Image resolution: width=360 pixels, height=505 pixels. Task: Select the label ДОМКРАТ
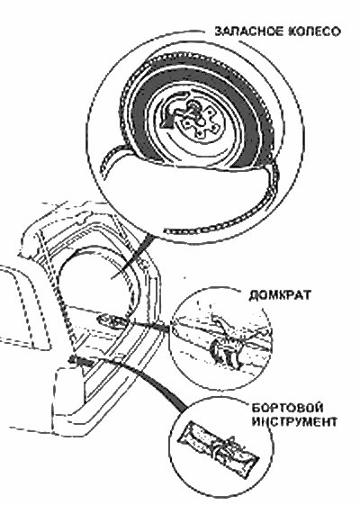click(x=280, y=295)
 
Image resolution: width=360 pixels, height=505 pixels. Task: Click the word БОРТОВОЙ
click(x=286, y=408)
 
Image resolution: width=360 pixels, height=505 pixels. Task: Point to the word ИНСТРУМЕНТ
click(x=294, y=421)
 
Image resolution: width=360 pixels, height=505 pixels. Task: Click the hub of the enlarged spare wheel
click(x=195, y=119)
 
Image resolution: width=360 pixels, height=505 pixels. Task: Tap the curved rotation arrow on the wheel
click(x=172, y=111)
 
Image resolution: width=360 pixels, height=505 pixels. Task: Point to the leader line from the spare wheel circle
click(x=132, y=257)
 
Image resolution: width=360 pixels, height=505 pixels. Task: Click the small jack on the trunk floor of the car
click(x=111, y=320)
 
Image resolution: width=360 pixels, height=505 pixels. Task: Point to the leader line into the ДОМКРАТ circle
click(x=148, y=325)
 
